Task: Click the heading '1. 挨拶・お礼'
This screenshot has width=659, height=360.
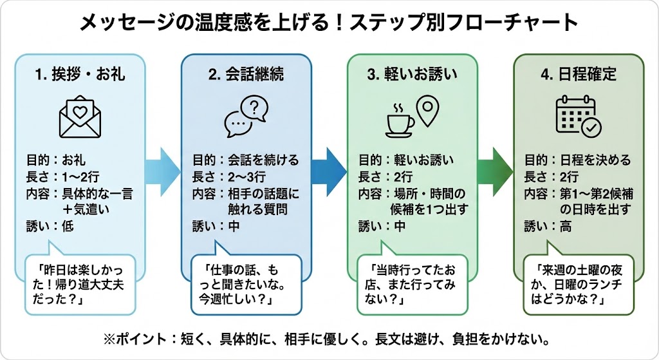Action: [80, 75]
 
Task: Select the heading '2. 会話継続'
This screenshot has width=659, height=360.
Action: [246, 75]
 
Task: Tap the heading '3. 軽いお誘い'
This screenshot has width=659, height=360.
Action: [413, 75]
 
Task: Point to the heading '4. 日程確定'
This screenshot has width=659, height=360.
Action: [579, 75]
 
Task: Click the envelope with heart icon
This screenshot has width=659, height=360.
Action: [80, 117]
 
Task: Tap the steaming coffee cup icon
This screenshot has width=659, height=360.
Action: [400, 120]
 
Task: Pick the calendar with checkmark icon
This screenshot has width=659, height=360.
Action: [577, 117]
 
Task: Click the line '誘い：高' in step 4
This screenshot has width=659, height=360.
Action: [547, 226]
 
